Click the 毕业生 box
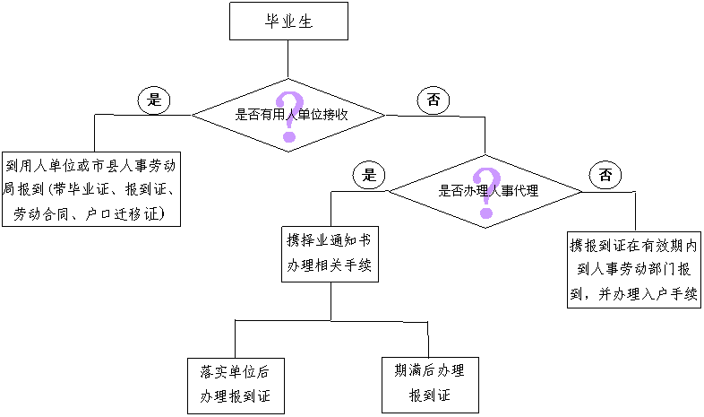coord(288,21)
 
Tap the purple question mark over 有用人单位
coord(288,117)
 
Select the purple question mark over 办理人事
coord(485,192)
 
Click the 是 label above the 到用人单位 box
coord(152,100)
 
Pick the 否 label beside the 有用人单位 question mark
coord(432,100)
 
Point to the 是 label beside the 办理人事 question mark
coord(367,176)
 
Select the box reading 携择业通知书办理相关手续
coord(329,254)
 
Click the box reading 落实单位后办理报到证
coord(236,384)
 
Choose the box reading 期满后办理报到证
coord(429,383)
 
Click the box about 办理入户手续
coord(634,270)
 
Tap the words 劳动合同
coord(40,213)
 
